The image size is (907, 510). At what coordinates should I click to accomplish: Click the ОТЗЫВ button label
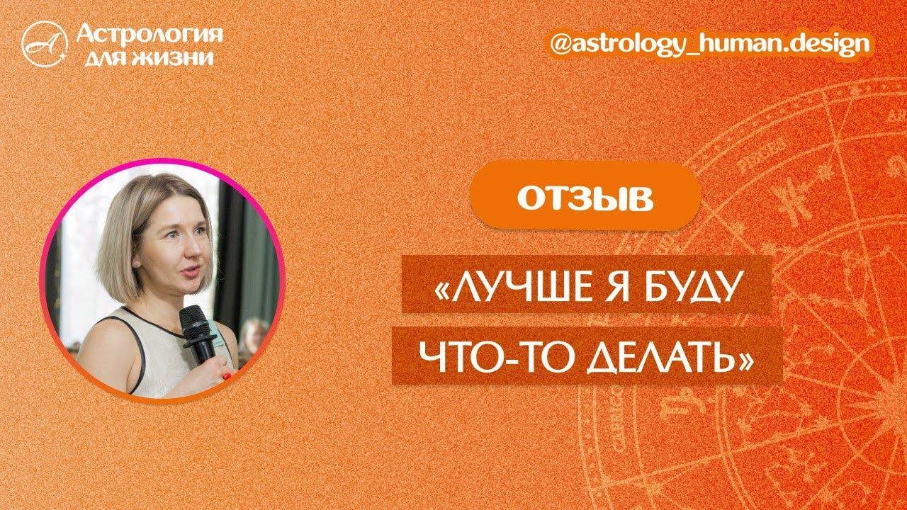[x=585, y=200]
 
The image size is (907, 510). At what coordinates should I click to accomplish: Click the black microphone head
[x=193, y=320]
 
